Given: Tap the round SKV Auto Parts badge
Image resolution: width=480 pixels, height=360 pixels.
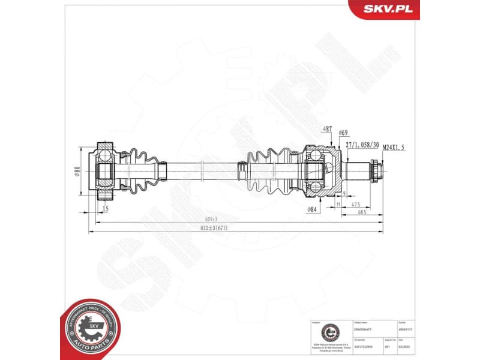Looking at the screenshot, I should click(x=91, y=327).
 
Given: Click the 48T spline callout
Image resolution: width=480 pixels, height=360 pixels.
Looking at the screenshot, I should click(x=327, y=129).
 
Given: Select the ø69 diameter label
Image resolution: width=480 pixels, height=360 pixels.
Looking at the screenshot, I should click(x=344, y=132).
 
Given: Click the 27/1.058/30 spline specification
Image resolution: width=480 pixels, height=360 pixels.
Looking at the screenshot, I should click(x=362, y=144).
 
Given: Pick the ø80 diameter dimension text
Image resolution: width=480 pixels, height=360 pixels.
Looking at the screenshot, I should click(x=77, y=172).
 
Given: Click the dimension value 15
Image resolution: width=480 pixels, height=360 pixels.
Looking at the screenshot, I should click(x=105, y=208).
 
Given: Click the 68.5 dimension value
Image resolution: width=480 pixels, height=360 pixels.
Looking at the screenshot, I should click(x=362, y=212).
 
